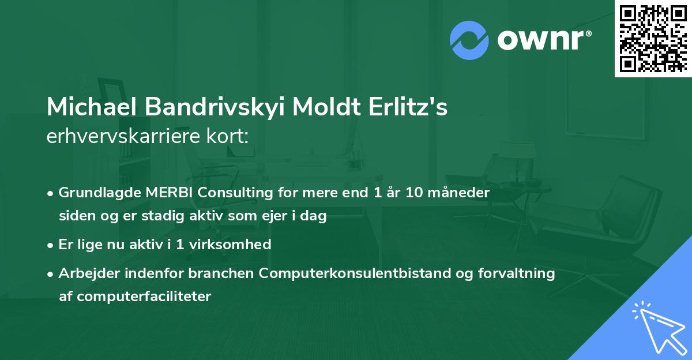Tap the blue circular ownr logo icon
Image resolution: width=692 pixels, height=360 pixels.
click(469, 40)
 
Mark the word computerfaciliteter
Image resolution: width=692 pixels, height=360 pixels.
click(136, 297)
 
